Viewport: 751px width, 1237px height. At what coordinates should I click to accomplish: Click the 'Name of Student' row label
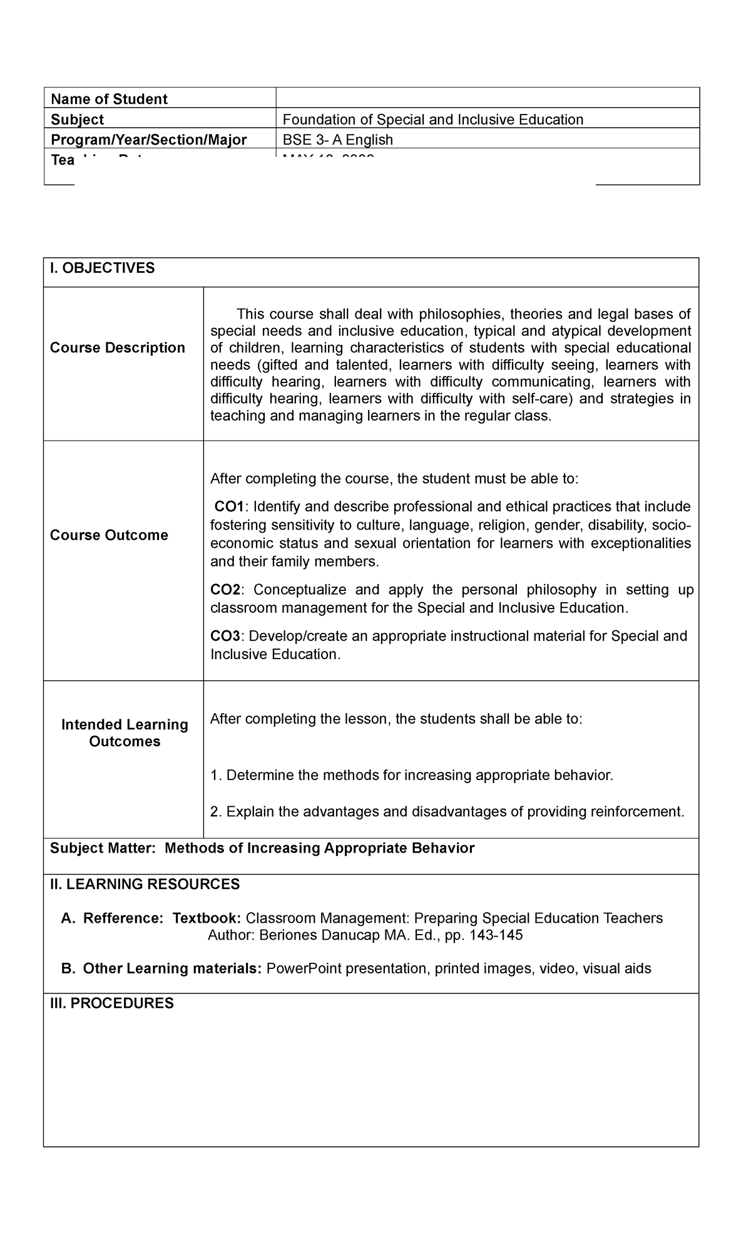109,99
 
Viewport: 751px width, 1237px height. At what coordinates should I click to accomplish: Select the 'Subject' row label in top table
77,119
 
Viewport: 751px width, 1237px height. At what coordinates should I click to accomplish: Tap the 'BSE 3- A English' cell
337,140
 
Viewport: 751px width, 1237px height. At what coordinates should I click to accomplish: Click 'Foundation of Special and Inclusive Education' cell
432,119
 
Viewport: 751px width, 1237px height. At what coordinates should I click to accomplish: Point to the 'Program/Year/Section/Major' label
148,140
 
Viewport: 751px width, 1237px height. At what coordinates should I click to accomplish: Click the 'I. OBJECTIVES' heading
102,268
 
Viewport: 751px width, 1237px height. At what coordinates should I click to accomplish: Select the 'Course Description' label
118,347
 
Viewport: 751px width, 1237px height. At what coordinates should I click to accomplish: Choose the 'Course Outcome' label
109,535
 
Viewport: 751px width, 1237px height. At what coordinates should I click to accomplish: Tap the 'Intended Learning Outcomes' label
125,732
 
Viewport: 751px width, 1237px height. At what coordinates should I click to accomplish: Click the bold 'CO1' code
230,506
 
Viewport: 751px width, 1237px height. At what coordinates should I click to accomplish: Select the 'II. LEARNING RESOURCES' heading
145,884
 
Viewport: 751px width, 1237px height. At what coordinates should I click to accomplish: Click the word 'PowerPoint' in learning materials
304,968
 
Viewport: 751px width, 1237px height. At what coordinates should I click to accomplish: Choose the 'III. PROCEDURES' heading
111,1003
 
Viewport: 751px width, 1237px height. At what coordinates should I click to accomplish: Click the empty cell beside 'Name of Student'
487,98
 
